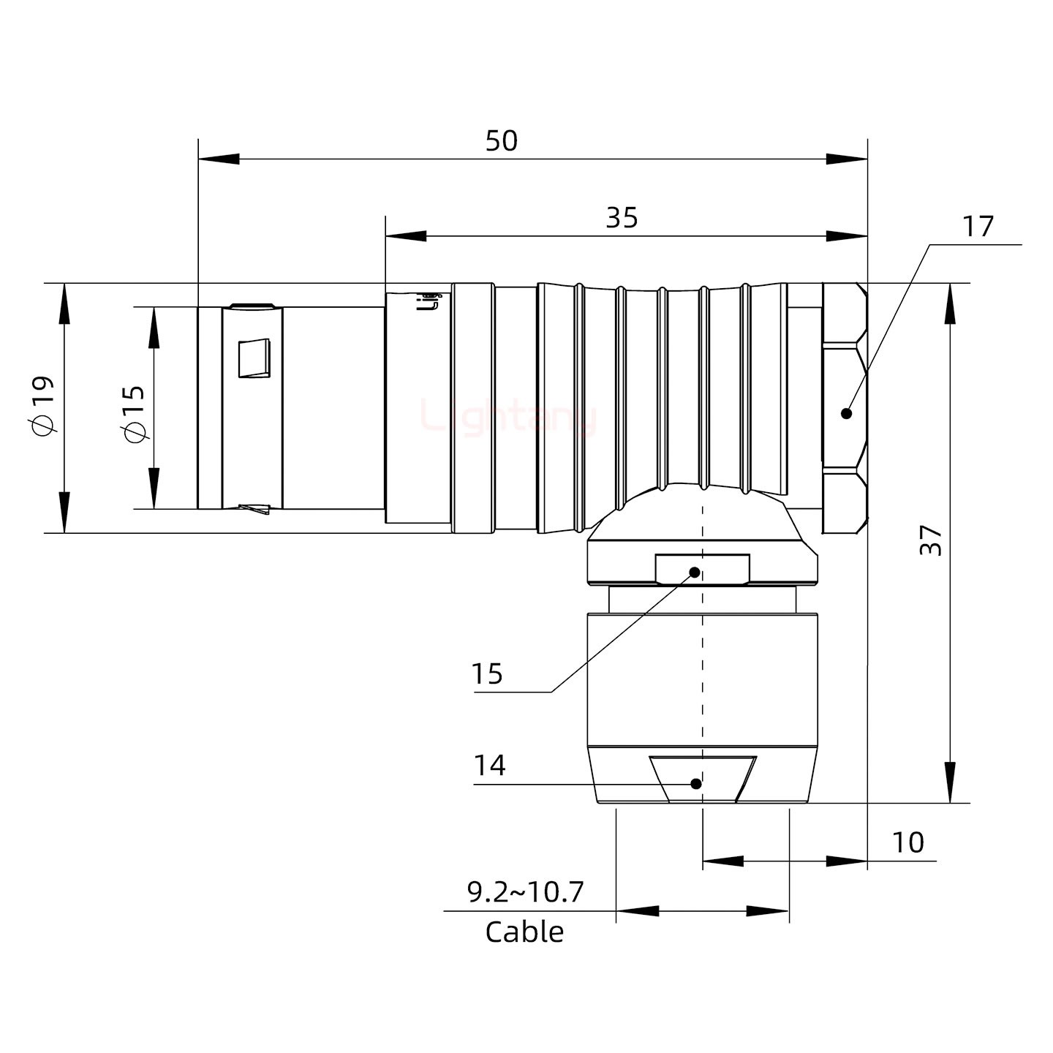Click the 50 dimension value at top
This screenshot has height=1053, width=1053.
pos(502,140)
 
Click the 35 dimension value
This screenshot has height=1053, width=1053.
pos(622,218)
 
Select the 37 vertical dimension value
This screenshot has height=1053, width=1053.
pos(931,540)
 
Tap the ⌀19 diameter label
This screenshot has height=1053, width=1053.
pos(42,406)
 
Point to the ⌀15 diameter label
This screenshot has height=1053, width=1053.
pos(134,413)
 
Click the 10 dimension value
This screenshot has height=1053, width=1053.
pos(907,843)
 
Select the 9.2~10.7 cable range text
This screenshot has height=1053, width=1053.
pos(525,892)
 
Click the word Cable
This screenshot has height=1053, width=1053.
pos(524,932)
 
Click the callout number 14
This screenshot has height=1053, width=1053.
pos(489,766)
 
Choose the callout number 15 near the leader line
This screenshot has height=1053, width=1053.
pos(486,673)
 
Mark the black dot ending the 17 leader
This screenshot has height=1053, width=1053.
pos(847,413)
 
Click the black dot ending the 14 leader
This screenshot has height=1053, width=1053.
pos(696,784)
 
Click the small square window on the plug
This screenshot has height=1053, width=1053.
pos(254,358)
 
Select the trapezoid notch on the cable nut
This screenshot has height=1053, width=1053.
pos(703,778)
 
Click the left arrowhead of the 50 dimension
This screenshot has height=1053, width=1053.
pos(218,159)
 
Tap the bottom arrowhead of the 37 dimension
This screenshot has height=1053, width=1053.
pos(949,782)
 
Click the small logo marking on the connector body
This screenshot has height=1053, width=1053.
pos(431,300)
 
